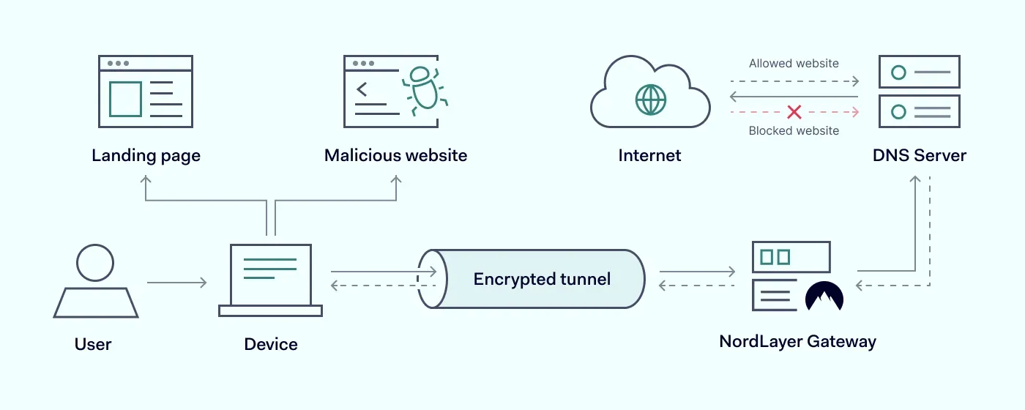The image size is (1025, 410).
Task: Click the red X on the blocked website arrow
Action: (794, 112)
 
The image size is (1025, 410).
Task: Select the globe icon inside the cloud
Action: (650, 99)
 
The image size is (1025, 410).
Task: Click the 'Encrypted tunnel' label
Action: (542, 279)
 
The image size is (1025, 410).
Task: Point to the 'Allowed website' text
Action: (794, 64)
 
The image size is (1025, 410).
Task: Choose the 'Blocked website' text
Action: (794, 131)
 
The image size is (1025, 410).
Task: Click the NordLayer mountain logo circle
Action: (824, 297)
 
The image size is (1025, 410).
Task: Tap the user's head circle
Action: (95, 263)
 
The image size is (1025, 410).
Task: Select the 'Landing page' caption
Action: (146, 156)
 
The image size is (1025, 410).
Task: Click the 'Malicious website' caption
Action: (395, 156)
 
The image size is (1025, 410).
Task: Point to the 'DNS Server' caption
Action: (919, 156)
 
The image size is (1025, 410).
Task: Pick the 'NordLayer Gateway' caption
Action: (797, 342)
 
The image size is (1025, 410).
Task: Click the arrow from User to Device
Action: (176, 282)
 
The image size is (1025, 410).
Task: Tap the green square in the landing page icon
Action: (125, 99)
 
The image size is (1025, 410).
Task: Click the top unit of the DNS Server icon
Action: (918, 72)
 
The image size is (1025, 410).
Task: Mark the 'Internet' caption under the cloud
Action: (649, 156)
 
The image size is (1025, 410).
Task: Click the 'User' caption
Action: (93, 344)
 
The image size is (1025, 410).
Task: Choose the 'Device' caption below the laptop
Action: (271, 344)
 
